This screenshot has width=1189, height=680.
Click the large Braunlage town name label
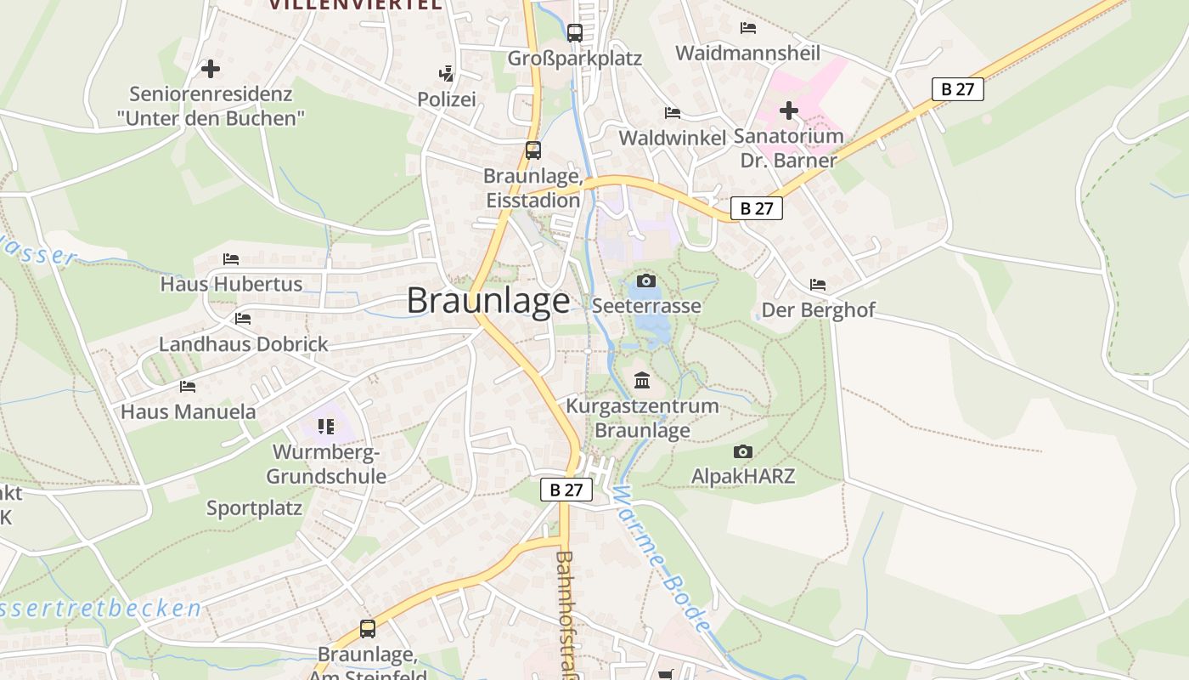click(488, 301)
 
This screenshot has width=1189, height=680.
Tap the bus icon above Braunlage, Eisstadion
click(533, 150)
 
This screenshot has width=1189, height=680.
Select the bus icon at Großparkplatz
click(575, 33)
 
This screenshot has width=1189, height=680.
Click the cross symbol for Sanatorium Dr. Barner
click(789, 110)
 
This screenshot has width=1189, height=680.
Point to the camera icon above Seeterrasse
click(646, 280)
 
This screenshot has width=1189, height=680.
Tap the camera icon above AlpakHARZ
click(743, 451)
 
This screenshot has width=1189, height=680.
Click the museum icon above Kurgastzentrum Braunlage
click(642, 380)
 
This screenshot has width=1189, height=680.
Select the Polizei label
click(446, 99)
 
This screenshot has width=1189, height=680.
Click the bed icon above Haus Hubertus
click(231, 258)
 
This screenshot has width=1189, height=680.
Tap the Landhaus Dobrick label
click(243, 344)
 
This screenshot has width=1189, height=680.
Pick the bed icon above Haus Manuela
click(188, 387)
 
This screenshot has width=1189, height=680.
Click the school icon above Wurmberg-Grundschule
click(326, 426)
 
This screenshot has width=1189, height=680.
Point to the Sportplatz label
click(254, 508)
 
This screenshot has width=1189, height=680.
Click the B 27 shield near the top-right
click(957, 89)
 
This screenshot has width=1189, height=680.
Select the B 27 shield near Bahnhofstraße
click(566, 490)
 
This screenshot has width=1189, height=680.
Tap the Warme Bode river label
click(661, 558)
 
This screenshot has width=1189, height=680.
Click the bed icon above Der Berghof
click(818, 284)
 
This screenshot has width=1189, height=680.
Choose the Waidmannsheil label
click(747, 53)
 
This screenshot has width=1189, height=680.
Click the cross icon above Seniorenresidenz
click(211, 69)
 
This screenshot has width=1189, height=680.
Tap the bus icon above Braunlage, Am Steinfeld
click(368, 629)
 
